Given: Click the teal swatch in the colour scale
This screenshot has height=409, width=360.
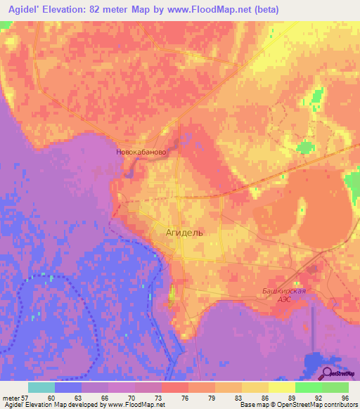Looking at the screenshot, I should tap(41, 387).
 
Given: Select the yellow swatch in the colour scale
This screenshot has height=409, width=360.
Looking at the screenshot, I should tap(281, 387).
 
